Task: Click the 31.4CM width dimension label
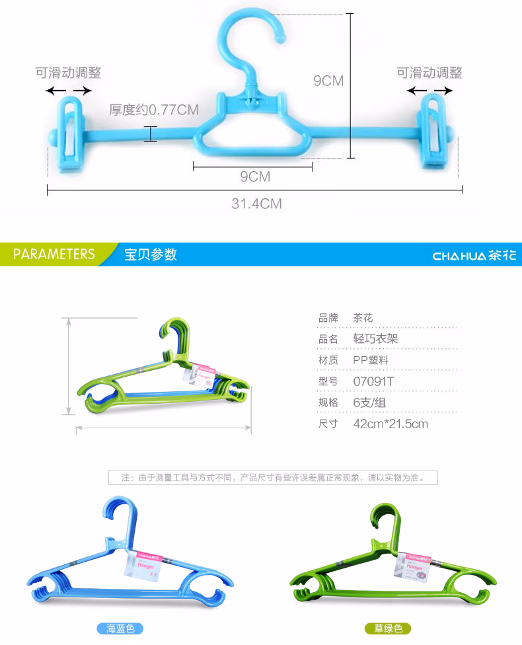(x=256, y=204)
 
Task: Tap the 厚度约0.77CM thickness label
(x=154, y=110)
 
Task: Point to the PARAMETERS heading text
(x=54, y=254)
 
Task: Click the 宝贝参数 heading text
(x=151, y=254)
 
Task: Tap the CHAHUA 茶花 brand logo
(x=474, y=255)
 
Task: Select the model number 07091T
(x=373, y=381)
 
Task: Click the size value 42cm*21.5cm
(x=391, y=424)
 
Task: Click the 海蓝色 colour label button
(x=120, y=628)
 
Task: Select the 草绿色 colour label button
(x=388, y=628)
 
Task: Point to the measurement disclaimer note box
(x=273, y=477)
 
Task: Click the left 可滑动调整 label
(x=68, y=73)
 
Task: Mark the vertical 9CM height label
(x=328, y=81)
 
